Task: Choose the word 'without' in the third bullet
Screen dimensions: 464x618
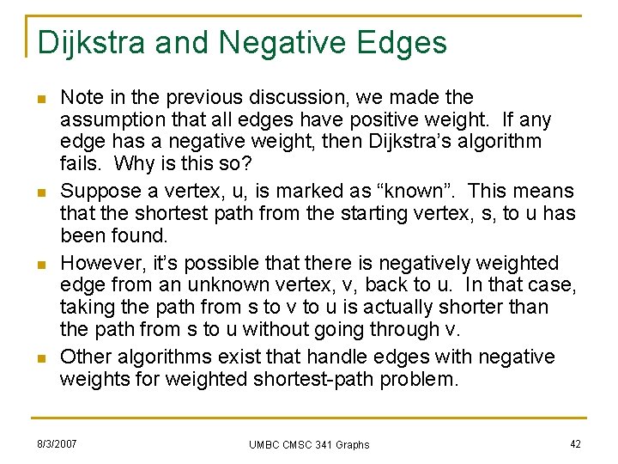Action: [x=270, y=329]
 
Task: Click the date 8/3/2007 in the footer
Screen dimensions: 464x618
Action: [x=57, y=443]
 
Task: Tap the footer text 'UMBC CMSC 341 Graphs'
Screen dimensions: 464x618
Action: [x=309, y=444]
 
